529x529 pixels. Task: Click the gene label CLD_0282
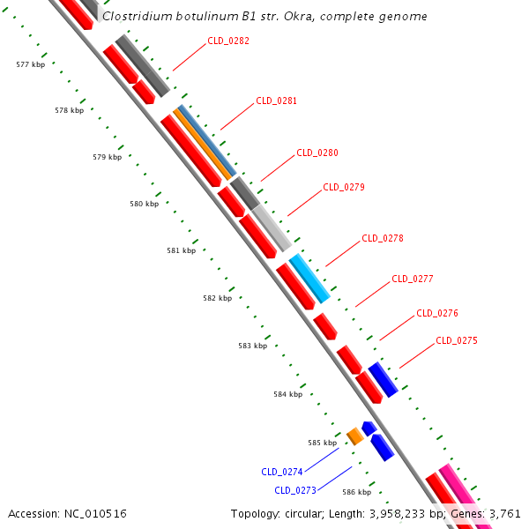tap(228, 41)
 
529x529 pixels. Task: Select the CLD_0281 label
tap(276, 101)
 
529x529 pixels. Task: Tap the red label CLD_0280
tap(317, 153)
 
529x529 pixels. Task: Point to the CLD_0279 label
tap(344, 187)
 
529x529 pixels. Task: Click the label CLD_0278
tap(383, 238)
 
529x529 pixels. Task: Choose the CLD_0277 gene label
tap(413, 279)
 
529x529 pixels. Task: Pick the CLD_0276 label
tap(437, 313)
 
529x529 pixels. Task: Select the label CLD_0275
tap(457, 340)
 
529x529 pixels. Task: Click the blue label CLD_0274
tap(282, 472)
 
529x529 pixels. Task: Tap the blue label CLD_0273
tap(295, 490)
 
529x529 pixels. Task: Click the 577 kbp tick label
tap(31, 64)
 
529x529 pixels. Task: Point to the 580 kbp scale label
tap(144, 204)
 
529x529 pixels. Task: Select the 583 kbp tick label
tap(252, 346)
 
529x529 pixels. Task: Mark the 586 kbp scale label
tap(356, 492)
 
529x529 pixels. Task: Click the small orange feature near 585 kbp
tap(355, 436)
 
